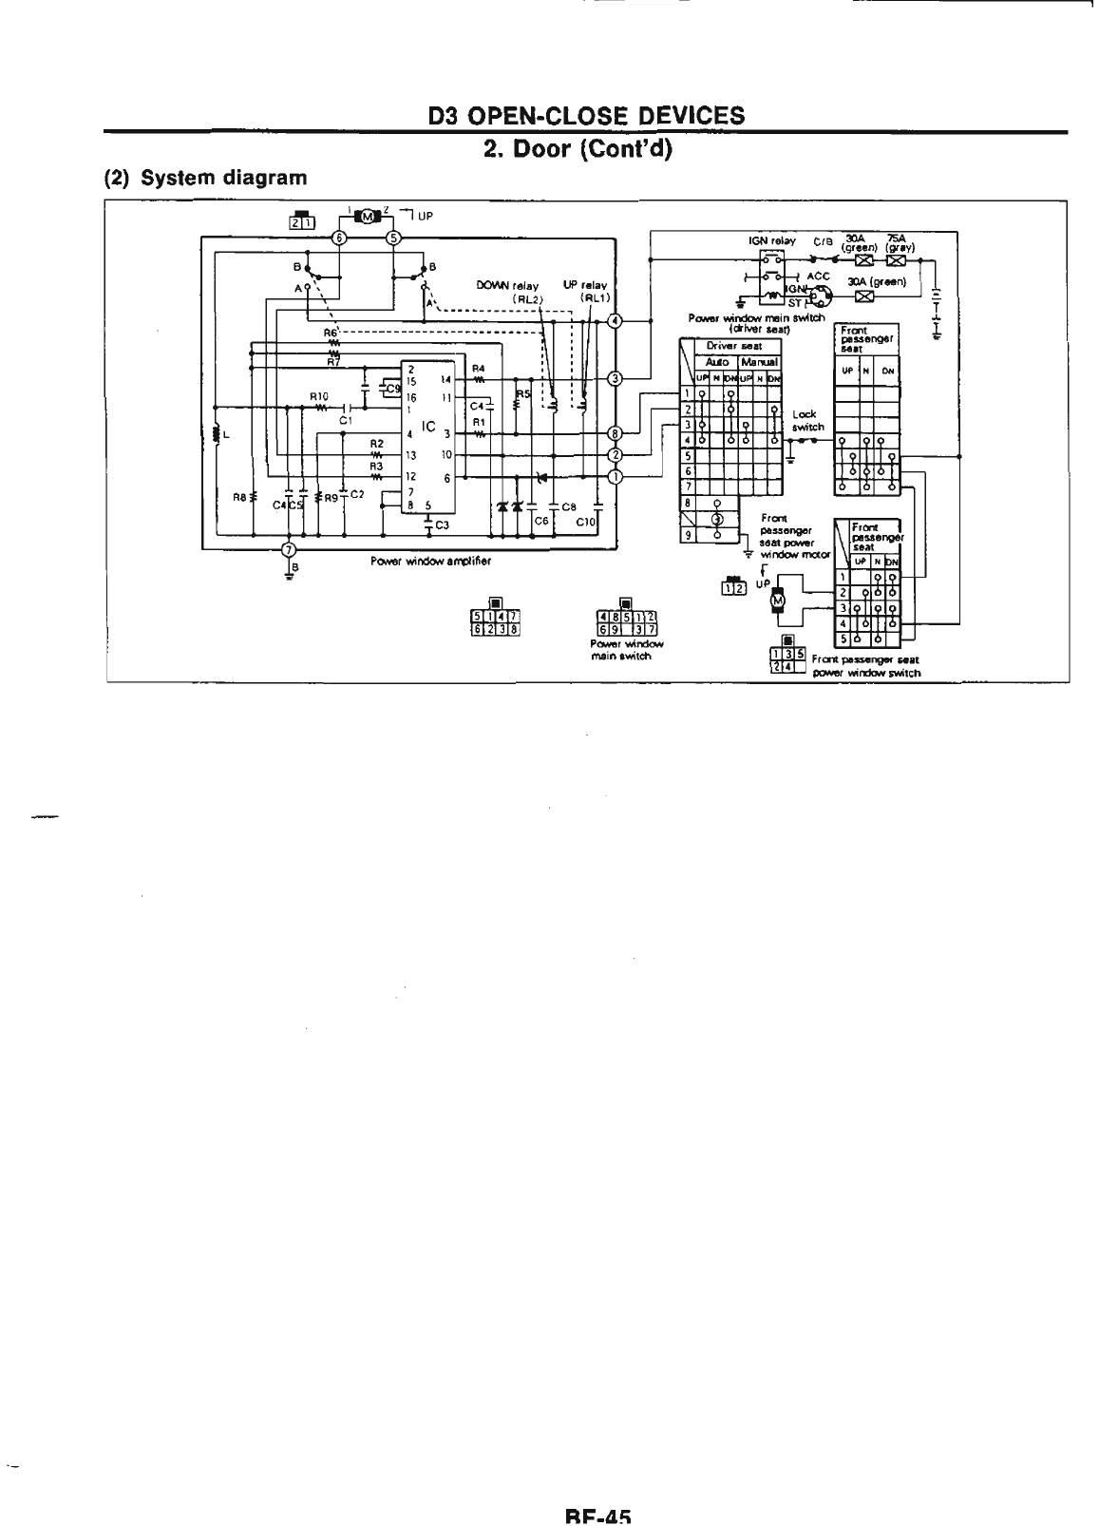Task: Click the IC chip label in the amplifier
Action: pos(429,428)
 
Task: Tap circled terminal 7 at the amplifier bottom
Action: pos(290,548)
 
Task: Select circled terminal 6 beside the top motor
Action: pos(339,238)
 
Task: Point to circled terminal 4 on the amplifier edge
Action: pos(615,320)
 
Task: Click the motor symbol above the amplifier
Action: pos(366,218)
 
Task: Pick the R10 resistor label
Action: pos(318,396)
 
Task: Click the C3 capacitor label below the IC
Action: pos(442,526)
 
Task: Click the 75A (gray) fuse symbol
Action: pos(895,260)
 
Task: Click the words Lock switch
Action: pos(805,421)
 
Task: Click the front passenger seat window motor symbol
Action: pos(778,599)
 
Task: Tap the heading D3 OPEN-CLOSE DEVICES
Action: pos(586,115)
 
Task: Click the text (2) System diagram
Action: pos(205,178)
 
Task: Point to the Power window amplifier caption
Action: pos(430,561)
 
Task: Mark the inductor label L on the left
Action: pos(225,436)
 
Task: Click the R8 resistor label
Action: pos(240,496)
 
